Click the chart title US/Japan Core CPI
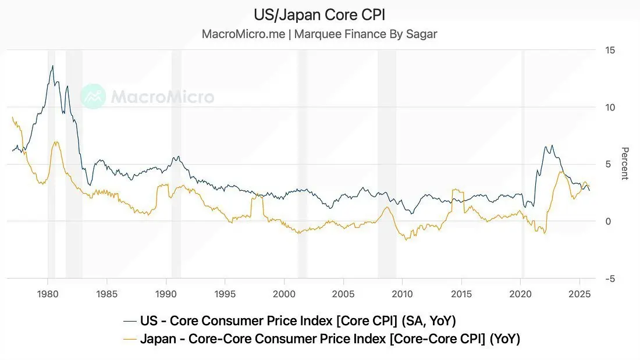click(x=319, y=15)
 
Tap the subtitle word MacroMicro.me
click(x=243, y=34)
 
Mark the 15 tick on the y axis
click(x=610, y=51)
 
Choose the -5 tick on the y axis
click(x=609, y=279)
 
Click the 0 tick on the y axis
click(x=608, y=222)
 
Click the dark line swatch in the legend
click(x=130, y=320)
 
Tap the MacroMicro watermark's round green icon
click(x=93, y=97)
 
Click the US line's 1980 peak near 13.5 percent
click(x=53, y=66)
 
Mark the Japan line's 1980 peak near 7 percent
click(x=56, y=142)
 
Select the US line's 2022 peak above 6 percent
click(x=552, y=145)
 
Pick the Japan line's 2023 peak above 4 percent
click(x=560, y=172)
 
